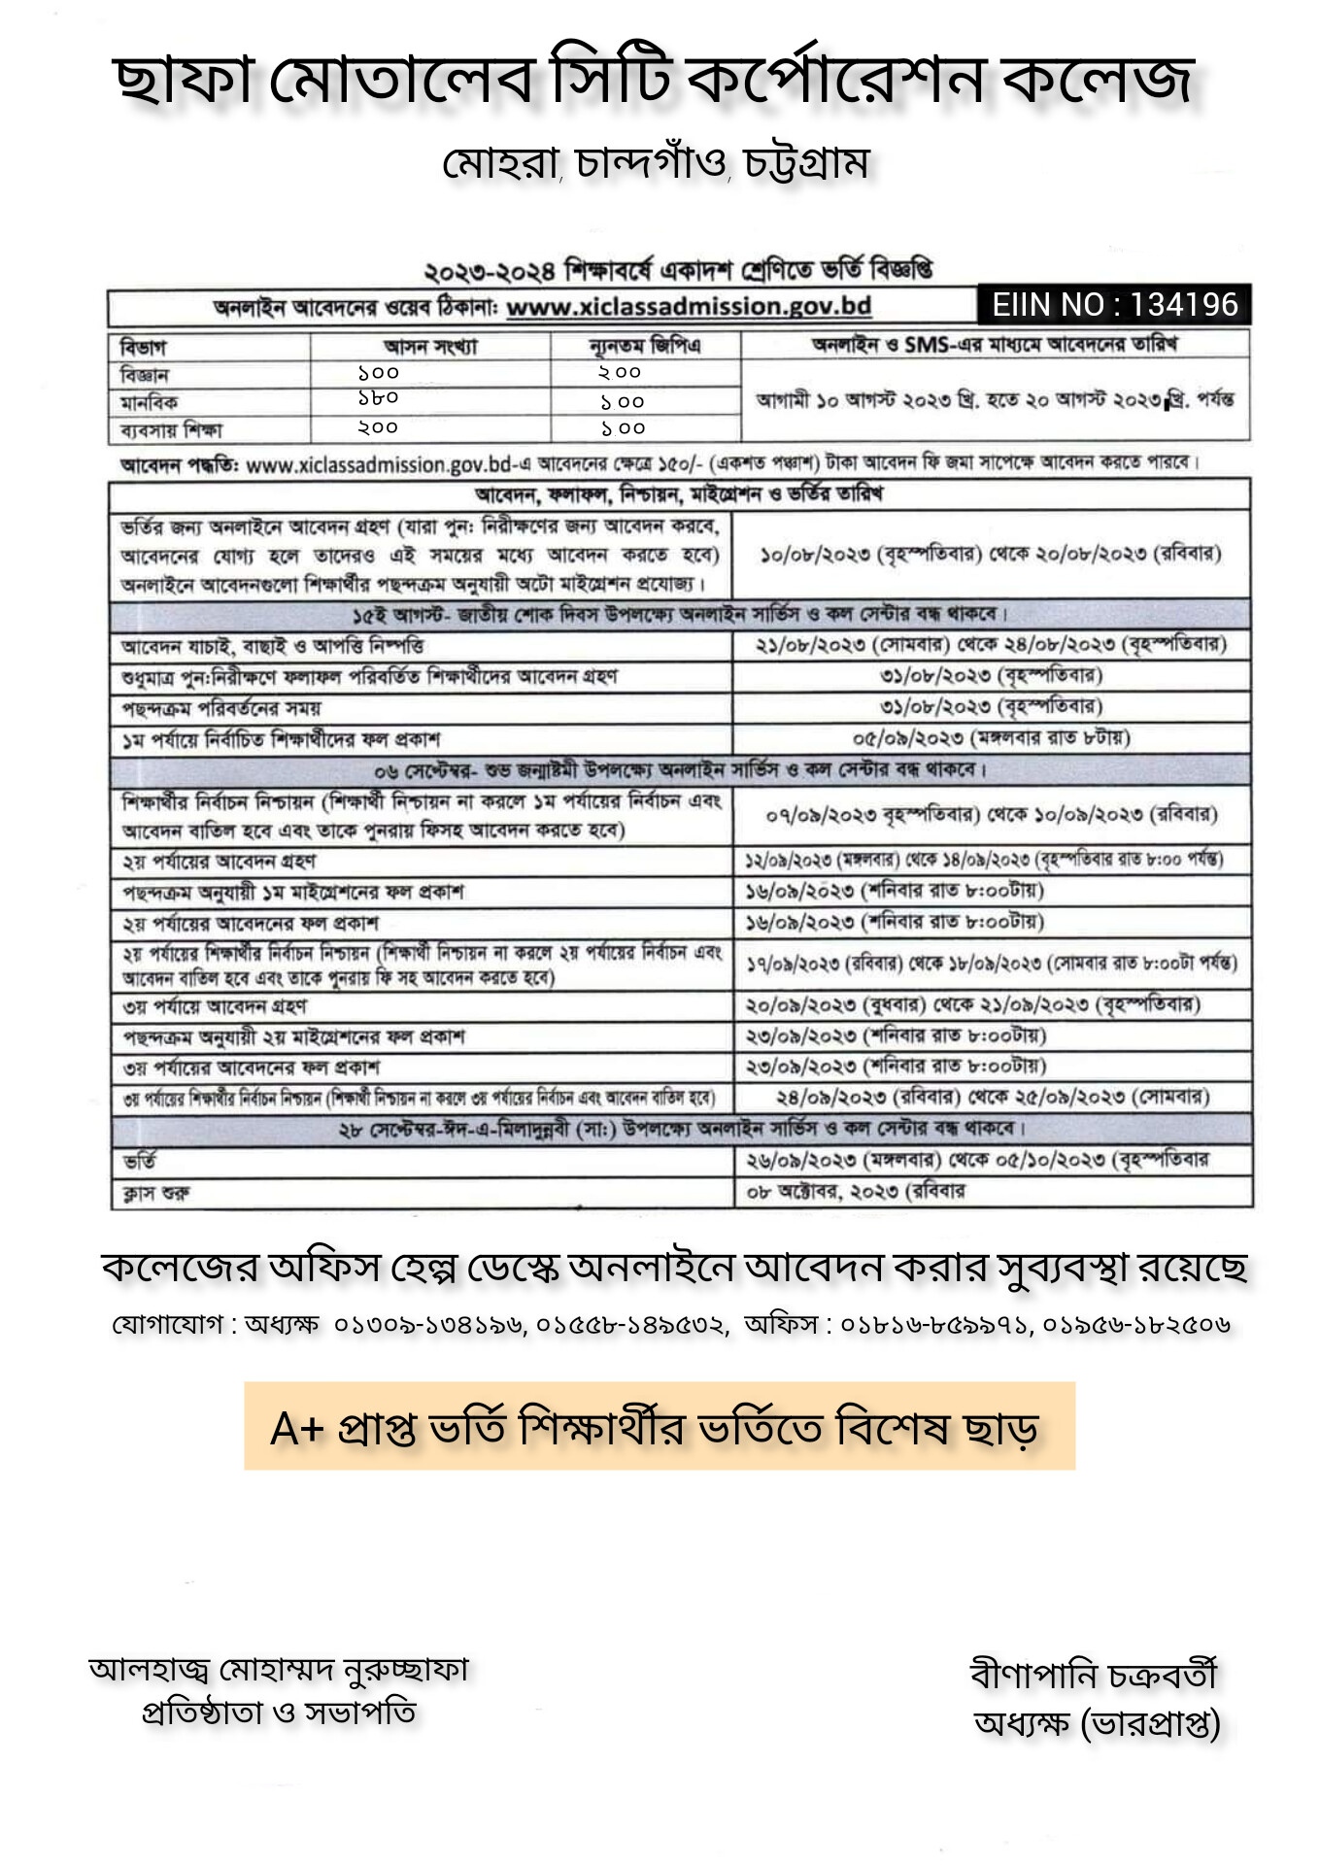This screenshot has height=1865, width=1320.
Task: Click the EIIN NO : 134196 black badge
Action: click(x=1114, y=305)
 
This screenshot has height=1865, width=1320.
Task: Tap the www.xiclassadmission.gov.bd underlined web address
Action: click(x=689, y=307)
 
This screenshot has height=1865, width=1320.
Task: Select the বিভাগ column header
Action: click(x=143, y=347)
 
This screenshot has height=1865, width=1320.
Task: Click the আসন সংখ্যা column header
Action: click(x=430, y=347)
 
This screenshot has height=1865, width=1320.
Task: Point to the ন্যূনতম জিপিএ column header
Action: click(x=645, y=346)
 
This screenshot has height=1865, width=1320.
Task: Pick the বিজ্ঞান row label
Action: click(x=145, y=375)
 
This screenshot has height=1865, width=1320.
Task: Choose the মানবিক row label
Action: click(x=149, y=402)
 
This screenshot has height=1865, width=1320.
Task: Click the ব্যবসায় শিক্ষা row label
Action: click(x=172, y=429)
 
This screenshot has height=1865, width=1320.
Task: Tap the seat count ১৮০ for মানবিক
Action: click(x=378, y=398)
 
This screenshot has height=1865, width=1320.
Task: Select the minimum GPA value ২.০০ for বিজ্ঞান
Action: click(x=620, y=373)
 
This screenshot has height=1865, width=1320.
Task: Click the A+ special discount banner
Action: click(x=659, y=1427)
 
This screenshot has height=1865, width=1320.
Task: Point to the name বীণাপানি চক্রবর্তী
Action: click(x=1094, y=1675)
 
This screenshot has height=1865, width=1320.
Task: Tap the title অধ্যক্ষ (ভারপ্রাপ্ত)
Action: click(x=1097, y=1723)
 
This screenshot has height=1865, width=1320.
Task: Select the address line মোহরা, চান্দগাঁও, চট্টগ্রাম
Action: click(x=656, y=163)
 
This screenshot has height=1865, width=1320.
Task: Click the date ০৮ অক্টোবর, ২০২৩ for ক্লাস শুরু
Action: click(x=855, y=1192)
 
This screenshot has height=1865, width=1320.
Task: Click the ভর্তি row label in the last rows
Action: click(x=140, y=1162)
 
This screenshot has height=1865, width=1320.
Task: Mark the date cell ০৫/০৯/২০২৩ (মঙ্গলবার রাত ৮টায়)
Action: click(x=991, y=738)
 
